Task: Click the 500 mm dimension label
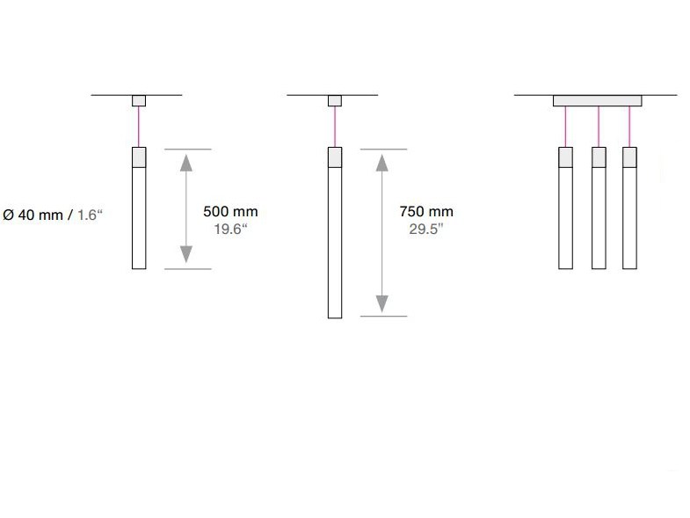tap(230, 212)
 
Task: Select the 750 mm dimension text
tap(426, 212)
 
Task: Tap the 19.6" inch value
tap(230, 229)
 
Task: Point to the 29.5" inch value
tap(426, 229)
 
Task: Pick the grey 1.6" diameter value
tap(90, 215)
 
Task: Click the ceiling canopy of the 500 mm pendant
tap(139, 100)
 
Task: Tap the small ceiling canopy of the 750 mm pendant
tap(335, 100)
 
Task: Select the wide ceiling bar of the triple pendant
tap(597, 100)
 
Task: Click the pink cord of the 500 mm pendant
tap(139, 127)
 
